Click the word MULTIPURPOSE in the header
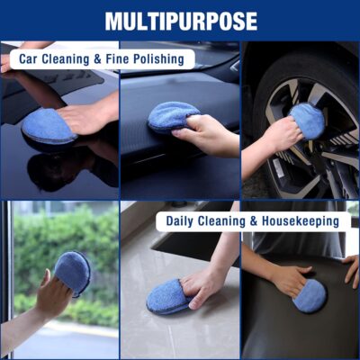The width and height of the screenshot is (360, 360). (x=180, y=21)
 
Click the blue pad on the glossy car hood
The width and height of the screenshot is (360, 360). (x=48, y=126)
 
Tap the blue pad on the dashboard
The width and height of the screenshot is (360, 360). (x=172, y=115)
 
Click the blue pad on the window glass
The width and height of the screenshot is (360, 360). (x=72, y=272)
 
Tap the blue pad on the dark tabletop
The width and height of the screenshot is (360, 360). (x=310, y=295)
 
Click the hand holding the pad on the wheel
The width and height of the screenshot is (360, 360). (x=282, y=134)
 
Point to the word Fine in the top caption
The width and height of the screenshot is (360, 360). (x=112, y=59)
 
